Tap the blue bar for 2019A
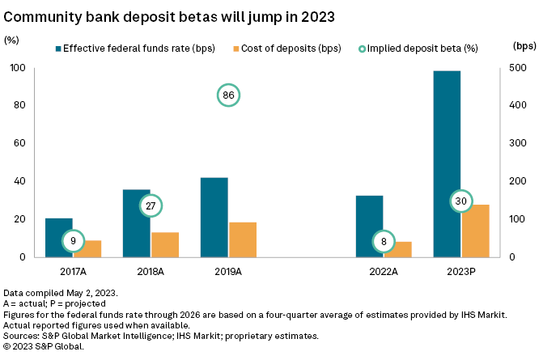[x=214, y=217]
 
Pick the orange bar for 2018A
[x=164, y=244]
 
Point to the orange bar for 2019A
[x=242, y=239]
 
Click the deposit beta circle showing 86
[x=229, y=95]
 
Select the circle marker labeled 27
[x=151, y=205]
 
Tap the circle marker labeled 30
[x=460, y=201]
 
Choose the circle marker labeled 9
[x=74, y=240]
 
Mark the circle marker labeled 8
[x=383, y=240]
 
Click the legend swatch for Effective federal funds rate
[x=61, y=48]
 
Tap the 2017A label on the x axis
[x=73, y=272]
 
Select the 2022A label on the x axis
[x=383, y=272]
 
